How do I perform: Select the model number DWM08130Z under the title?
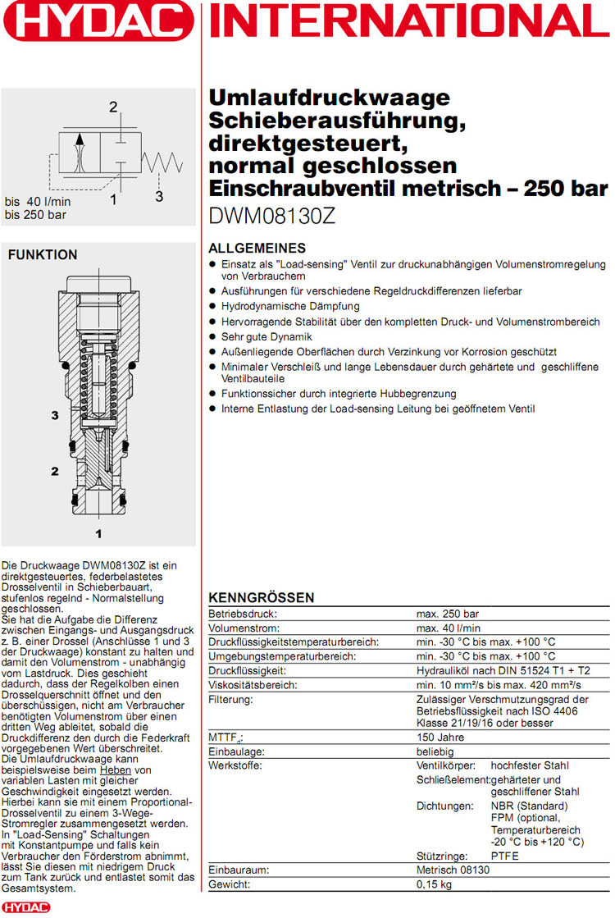tap(272, 218)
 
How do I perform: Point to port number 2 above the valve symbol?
tap(113, 107)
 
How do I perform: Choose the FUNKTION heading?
tap(43, 255)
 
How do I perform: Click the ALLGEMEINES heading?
tap(257, 249)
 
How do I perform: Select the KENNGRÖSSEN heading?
tap(261, 597)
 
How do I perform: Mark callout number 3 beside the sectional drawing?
tap(55, 416)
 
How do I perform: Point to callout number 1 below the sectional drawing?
tap(98, 534)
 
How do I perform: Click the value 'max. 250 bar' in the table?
tap(448, 614)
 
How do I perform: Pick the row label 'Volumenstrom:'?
tap(236, 628)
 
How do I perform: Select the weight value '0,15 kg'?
tap(435, 885)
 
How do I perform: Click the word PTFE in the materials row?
tap(505, 856)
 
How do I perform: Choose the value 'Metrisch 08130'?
tap(453, 870)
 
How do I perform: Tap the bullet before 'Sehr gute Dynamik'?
tap(213, 336)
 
